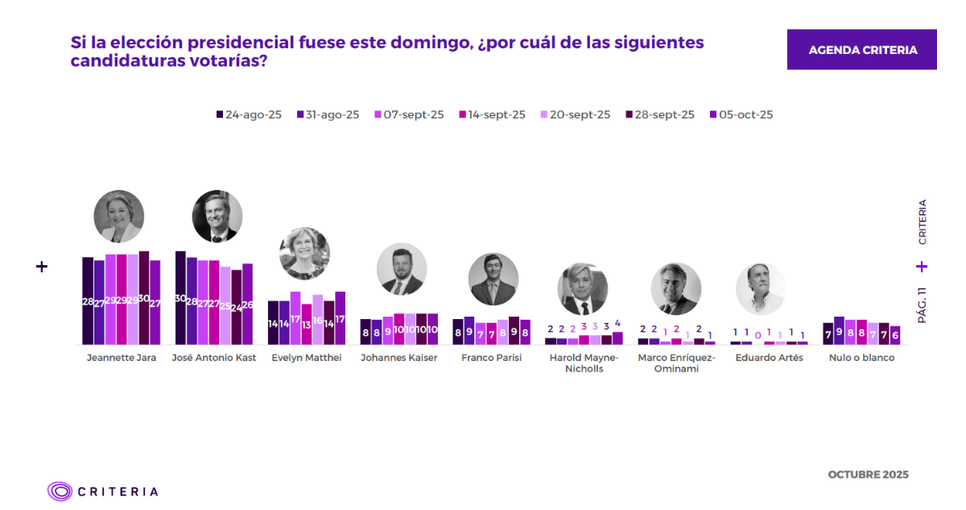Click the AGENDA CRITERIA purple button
(x=861, y=50)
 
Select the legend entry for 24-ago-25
(x=249, y=115)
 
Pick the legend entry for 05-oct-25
(x=741, y=115)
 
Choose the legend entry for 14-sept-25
(x=492, y=115)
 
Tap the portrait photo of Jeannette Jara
(x=118, y=217)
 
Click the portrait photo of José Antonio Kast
(x=217, y=217)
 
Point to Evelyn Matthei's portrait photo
(x=304, y=253)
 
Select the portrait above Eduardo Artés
(x=760, y=288)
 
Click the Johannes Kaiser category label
(x=399, y=358)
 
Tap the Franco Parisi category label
(x=491, y=358)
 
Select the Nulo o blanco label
(x=861, y=358)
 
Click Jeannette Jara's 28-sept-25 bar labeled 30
(x=144, y=298)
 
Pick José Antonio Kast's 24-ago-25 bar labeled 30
(x=180, y=298)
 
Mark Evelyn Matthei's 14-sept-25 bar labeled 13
(x=306, y=324)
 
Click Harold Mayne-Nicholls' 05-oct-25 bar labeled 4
(x=617, y=338)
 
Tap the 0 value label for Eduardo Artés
(x=758, y=334)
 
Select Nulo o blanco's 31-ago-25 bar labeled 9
(x=839, y=330)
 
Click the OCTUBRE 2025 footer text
(x=868, y=475)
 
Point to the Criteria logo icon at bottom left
(x=60, y=491)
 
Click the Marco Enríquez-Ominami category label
(x=675, y=363)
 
